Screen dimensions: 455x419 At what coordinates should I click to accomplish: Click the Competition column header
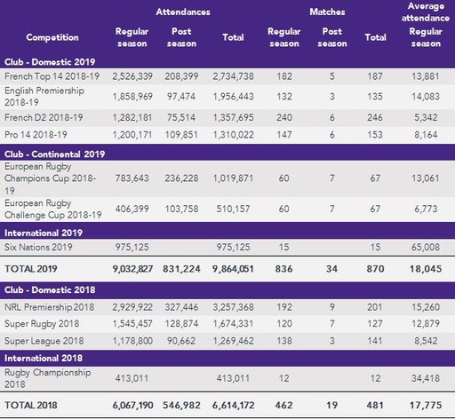coord(52,37)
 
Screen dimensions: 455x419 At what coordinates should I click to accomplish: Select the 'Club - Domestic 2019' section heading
coord(50,62)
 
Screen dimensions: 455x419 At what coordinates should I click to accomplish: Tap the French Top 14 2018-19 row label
coord(52,76)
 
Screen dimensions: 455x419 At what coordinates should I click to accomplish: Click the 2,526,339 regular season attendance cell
coord(132,76)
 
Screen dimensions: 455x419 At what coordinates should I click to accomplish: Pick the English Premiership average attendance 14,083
coord(426,97)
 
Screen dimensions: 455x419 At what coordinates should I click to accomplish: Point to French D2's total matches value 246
coord(375,117)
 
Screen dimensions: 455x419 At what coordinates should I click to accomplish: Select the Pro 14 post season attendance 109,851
coord(181,135)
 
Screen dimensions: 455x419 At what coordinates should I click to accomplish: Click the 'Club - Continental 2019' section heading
coord(54,154)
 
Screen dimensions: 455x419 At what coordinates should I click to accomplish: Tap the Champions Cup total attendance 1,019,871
coord(233,178)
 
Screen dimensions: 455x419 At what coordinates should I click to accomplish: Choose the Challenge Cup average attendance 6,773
coord(426,209)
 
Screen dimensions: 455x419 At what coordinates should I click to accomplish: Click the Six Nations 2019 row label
coord(38,247)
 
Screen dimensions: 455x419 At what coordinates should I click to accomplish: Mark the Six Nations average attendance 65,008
coord(426,247)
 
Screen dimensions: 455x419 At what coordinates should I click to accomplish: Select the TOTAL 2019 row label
coord(31,269)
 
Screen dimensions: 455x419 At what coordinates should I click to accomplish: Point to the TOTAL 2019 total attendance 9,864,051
coord(233,269)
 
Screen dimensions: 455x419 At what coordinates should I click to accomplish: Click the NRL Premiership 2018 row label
coord(49,307)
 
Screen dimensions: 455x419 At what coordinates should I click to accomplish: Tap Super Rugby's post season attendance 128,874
coord(181,324)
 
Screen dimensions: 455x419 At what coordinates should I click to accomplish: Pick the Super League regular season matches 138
coord(283,341)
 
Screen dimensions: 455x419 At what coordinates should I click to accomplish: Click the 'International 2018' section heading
coord(44,359)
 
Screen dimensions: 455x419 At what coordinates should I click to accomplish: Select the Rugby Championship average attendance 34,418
coord(426,378)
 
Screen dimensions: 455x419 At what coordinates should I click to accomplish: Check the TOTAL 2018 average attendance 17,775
coord(426,406)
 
